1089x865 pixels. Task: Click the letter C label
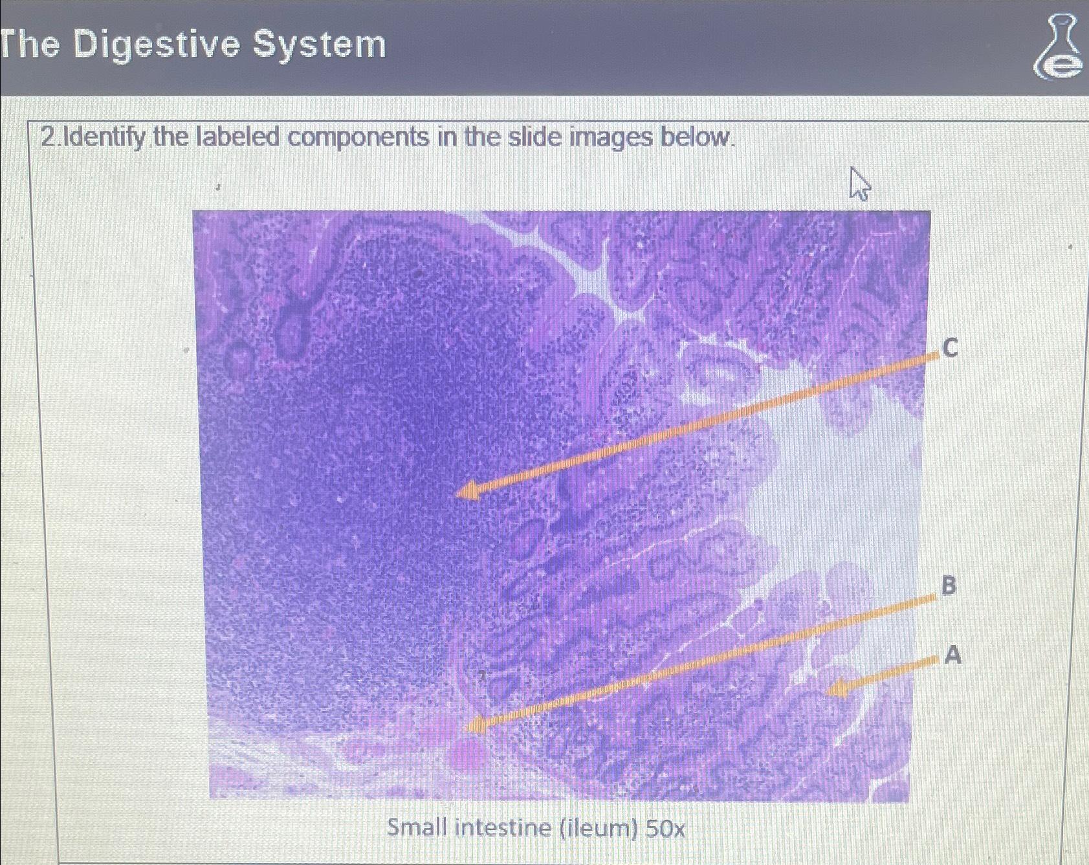[x=950, y=348]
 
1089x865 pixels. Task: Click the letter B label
[x=948, y=585]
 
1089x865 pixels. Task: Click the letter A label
[x=952, y=655]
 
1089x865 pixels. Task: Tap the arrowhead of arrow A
[x=838, y=688]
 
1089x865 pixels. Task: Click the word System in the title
[x=320, y=45]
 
